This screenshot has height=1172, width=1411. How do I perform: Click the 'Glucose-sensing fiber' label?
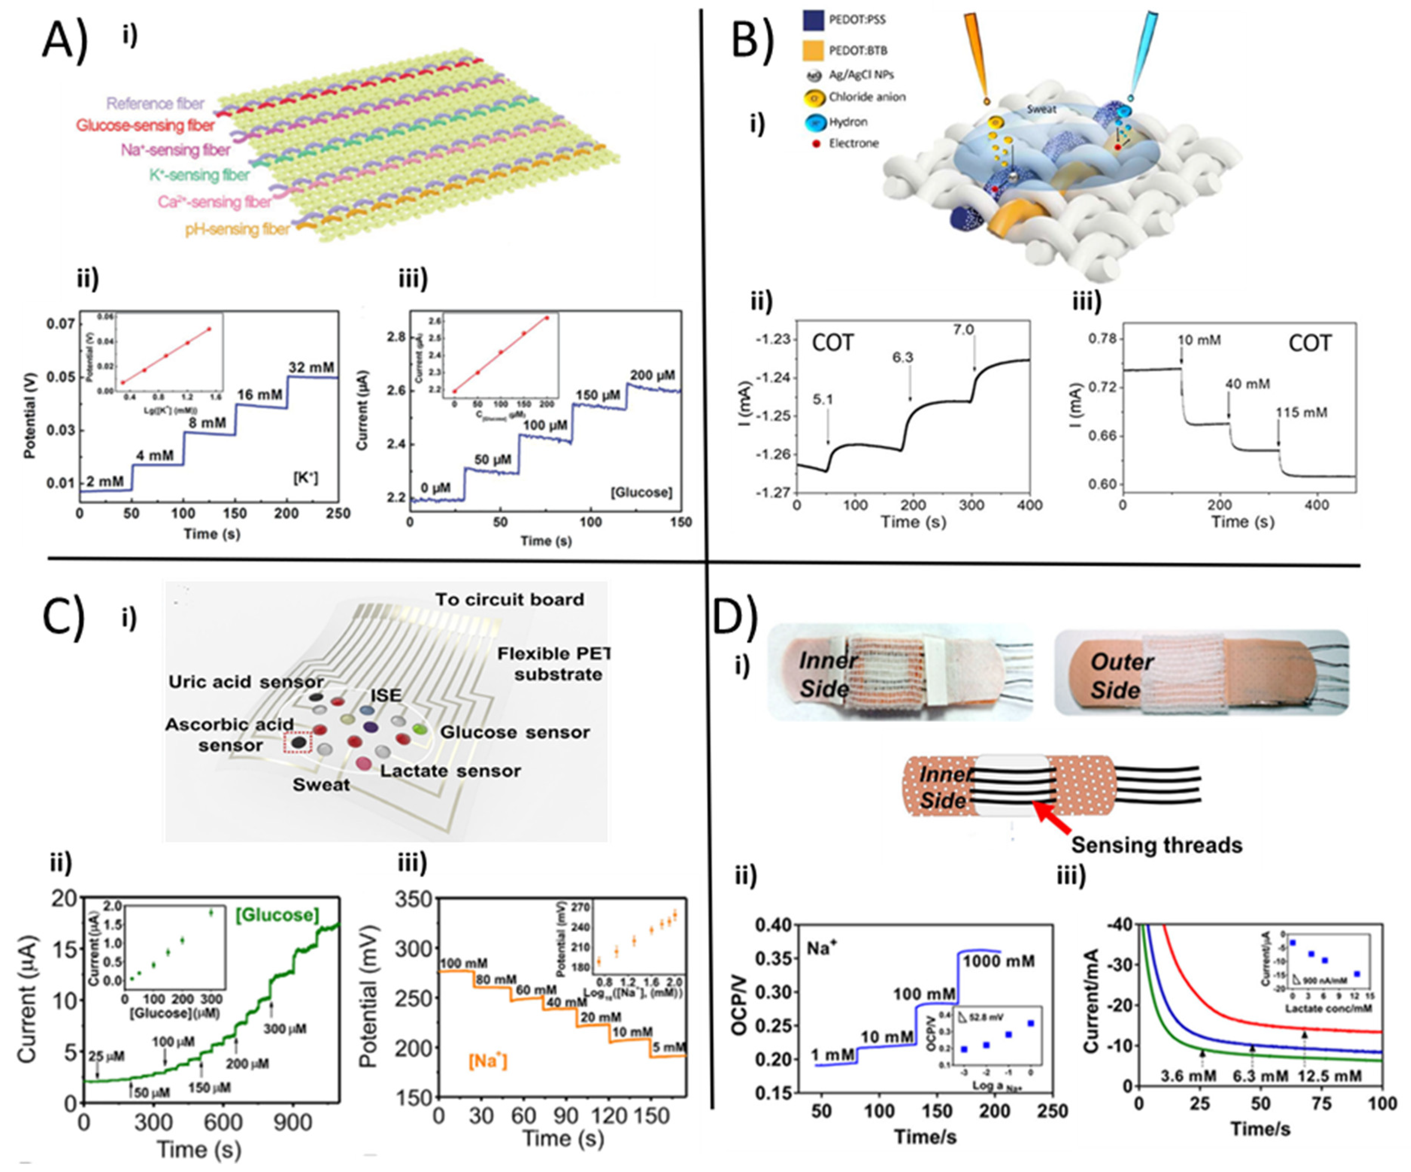[145, 126]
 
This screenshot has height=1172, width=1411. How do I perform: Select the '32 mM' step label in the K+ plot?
[311, 367]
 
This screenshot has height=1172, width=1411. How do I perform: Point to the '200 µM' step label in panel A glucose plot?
[652, 376]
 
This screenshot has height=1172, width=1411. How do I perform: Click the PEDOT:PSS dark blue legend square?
[813, 20]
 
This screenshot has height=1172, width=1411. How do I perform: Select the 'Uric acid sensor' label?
[246, 682]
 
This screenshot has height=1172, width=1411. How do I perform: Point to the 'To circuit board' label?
[509, 600]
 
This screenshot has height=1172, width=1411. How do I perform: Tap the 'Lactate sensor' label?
[450, 771]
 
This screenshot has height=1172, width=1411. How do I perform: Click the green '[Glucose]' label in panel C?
[277, 915]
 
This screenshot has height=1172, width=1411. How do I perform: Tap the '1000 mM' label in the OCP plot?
[999, 961]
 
